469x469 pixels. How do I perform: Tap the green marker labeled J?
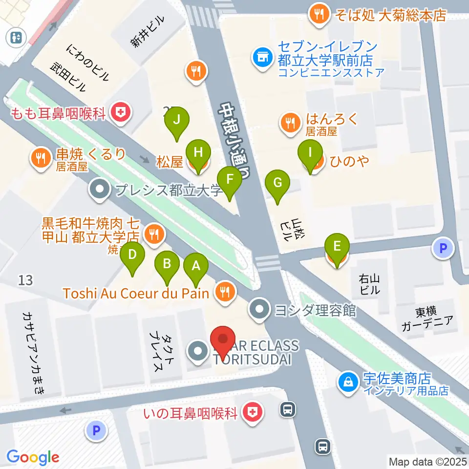(177, 120)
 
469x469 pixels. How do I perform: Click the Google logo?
(33, 457)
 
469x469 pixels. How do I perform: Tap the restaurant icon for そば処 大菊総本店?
(320, 15)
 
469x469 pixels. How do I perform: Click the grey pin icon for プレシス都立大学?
(101, 190)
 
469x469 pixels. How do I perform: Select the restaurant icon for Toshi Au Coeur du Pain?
(225, 293)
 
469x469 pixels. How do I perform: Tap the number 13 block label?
(25, 280)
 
